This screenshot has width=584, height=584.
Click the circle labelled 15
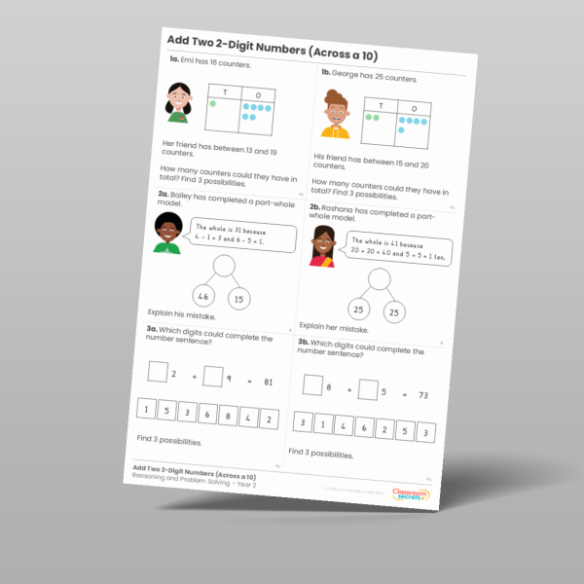(x=238, y=299)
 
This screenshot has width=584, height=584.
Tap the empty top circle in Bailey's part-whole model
(x=224, y=264)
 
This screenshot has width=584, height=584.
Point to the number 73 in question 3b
(x=423, y=398)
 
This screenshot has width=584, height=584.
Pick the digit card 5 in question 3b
(x=401, y=430)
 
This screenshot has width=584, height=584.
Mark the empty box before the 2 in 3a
(x=156, y=371)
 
